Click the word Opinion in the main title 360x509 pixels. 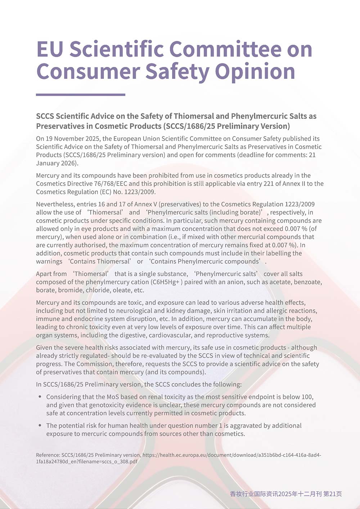pyautogui.click(x=255, y=71)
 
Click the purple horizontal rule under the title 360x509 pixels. pyautogui.click(x=81, y=95)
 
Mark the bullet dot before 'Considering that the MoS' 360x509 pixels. pyautogui.click(x=40, y=397)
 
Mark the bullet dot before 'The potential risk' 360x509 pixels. pyautogui.click(x=40, y=425)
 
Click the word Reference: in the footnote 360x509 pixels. pyautogui.click(x=48, y=455)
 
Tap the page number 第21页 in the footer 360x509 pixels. pyautogui.click(x=333, y=494)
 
